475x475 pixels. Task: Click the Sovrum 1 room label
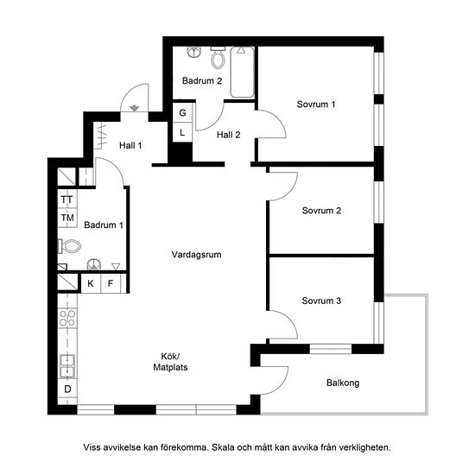(316, 104)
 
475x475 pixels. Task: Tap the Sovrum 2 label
(321, 211)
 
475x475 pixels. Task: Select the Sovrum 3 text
(321, 301)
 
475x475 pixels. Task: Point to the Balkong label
(343, 383)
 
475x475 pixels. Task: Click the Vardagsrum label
(196, 255)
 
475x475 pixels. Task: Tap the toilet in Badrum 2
(218, 57)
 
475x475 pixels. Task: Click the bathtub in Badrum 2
(242, 72)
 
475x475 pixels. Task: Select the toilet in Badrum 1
(69, 246)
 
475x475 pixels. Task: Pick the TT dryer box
(67, 199)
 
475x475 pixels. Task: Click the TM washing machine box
(67, 218)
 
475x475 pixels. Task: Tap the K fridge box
(91, 283)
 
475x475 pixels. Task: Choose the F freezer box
(111, 283)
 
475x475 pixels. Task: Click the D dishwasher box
(67, 389)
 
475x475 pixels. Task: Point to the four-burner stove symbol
(67, 318)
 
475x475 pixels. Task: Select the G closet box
(182, 112)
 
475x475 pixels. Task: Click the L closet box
(182, 132)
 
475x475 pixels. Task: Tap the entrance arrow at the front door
(134, 108)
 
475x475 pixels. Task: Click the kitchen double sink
(67, 366)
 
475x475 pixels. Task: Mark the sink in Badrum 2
(194, 52)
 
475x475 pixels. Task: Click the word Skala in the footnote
(223, 447)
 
